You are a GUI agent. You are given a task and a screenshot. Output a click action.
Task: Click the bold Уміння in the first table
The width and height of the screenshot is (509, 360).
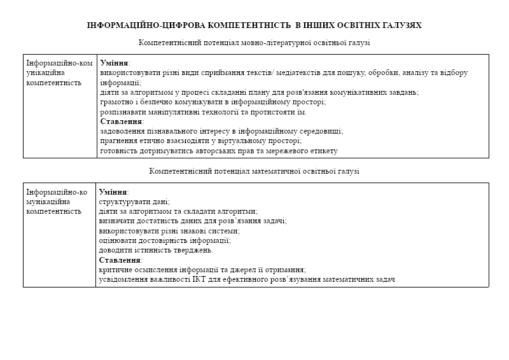[x=115, y=63]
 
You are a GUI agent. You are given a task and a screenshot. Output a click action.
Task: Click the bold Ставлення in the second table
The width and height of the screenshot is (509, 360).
[x=120, y=260]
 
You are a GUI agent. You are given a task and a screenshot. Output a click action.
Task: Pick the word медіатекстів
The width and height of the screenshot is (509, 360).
[x=297, y=73]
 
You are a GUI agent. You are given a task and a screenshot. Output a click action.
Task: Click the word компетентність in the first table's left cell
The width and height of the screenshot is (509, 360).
[x=54, y=83]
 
